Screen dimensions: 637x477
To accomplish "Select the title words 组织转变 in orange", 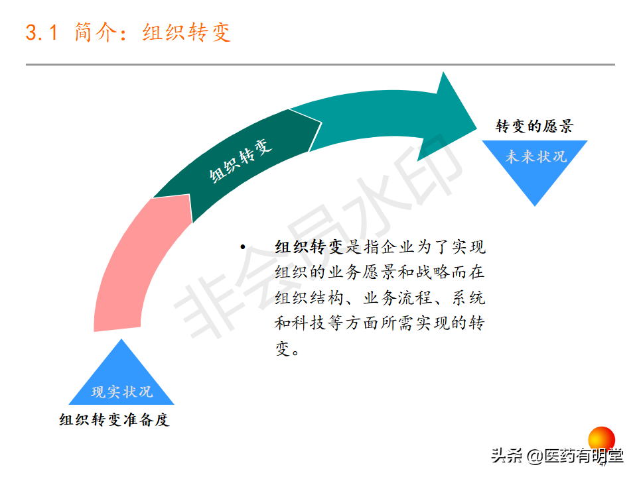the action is (x=187, y=32).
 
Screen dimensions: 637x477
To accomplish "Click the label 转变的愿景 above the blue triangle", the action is (x=534, y=126).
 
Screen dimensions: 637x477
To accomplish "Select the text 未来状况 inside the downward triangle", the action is (x=536, y=157).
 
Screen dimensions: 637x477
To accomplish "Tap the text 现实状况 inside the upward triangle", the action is (x=122, y=392).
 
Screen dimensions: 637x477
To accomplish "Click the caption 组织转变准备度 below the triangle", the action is (x=114, y=420).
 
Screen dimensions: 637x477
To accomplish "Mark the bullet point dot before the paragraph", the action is (x=243, y=248).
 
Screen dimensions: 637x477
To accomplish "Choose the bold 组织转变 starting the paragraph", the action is (x=309, y=248).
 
